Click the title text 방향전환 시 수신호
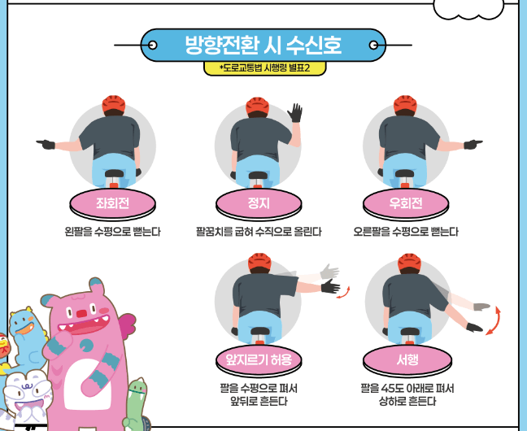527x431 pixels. point(263,45)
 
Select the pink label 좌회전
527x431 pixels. point(111,203)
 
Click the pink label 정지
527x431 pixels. point(258,203)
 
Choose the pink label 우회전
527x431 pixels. point(405,203)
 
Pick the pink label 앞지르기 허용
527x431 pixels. point(258,359)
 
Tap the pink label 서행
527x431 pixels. point(407,359)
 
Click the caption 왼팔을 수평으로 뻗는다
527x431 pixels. point(112,232)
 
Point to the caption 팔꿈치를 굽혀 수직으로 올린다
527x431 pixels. point(259,232)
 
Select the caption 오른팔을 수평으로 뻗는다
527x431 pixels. point(405,232)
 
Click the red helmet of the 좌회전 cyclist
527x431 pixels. point(112,105)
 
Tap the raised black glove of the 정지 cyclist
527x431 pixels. point(296,112)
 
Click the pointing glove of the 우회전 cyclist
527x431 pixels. point(473,145)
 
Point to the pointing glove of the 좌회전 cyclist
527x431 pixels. point(46,145)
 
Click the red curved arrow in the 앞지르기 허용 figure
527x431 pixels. point(347,292)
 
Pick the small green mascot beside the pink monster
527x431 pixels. point(137,403)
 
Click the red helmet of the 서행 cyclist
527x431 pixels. point(408,262)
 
